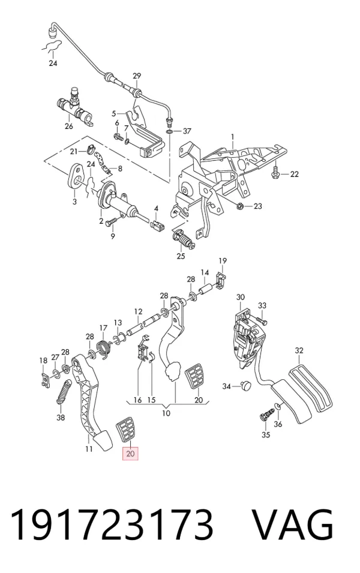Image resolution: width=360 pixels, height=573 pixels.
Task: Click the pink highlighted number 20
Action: click(130, 454)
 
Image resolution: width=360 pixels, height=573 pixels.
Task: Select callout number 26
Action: click(69, 127)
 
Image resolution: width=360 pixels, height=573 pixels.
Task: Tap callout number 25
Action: click(181, 256)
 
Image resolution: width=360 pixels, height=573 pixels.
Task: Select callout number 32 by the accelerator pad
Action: click(299, 350)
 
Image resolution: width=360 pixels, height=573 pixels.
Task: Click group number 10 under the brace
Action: click(166, 413)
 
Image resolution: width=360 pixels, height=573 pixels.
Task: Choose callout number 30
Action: click(240, 297)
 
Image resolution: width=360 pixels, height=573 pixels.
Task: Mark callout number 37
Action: click(187, 131)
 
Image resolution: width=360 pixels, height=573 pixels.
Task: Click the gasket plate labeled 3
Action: click(76, 176)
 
